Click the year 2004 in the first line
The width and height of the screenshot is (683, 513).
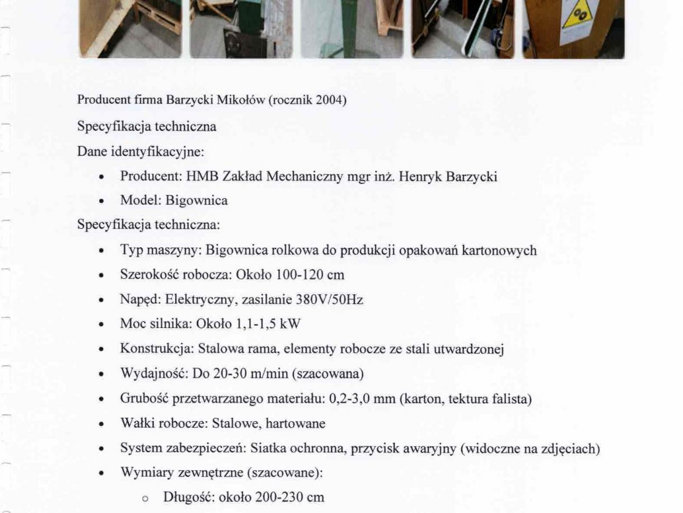tap(328, 101)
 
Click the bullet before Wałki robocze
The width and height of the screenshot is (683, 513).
tap(100, 424)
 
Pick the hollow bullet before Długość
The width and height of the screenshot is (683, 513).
tap(129, 498)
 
